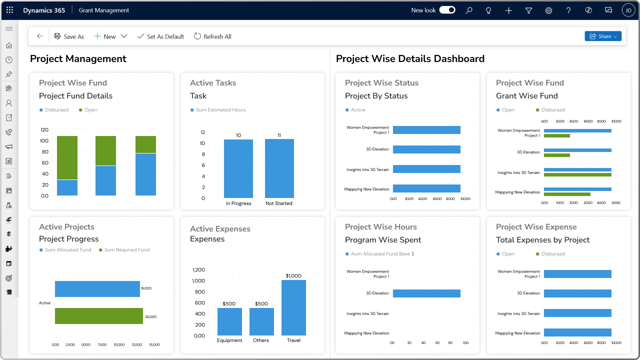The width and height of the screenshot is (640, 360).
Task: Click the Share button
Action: (x=602, y=36)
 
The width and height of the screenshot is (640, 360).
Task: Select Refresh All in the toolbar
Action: (x=212, y=36)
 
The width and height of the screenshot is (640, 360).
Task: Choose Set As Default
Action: (x=160, y=36)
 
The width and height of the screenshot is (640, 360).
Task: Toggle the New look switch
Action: (x=447, y=10)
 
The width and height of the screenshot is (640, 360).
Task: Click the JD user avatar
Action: (x=628, y=10)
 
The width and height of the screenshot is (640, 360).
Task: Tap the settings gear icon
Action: (x=548, y=10)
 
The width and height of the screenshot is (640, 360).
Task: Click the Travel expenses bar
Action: (x=293, y=307)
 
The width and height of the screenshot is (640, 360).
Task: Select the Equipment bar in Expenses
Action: (x=229, y=321)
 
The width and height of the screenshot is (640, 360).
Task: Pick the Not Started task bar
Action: (x=279, y=168)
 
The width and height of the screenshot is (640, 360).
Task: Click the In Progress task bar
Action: (x=238, y=168)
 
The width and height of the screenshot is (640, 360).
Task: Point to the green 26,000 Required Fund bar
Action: (x=99, y=316)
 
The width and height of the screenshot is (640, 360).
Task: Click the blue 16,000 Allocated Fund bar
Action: (x=97, y=289)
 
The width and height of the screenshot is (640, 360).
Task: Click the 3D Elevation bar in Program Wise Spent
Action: (x=426, y=293)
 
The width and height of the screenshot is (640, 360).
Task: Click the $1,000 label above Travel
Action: (x=293, y=276)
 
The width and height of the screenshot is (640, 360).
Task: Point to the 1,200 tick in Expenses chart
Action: (x=198, y=270)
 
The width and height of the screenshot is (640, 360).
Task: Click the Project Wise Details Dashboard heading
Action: (x=410, y=59)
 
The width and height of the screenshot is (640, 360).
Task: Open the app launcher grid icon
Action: (x=9, y=10)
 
